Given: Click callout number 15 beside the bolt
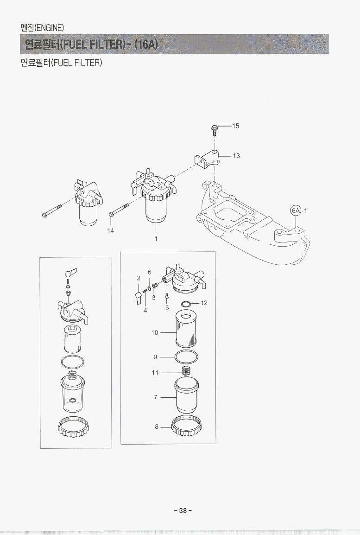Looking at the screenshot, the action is pyautogui.click(x=235, y=126).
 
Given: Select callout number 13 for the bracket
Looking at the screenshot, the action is pyautogui.click(x=236, y=156).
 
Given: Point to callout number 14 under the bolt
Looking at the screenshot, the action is pyautogui.click(x=110, y=231).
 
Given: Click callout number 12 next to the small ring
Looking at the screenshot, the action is pyautogui.click(x=204, y=303).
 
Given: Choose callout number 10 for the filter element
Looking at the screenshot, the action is pyautogui.click(x=155, y=332).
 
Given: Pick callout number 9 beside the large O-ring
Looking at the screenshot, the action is pyautogui.click(x=155, y=357).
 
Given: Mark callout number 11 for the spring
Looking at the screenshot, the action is pyautogui.click(x=155, y=373).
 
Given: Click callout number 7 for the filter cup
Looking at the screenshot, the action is pyautogui.click(x=156, y=397).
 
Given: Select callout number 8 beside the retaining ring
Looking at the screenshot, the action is pyautogui.click(x=157, y=427).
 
